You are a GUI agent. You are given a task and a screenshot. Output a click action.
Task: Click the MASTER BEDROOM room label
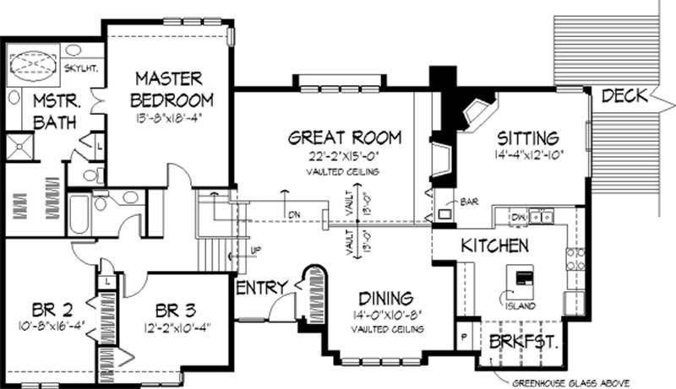pos(168,89)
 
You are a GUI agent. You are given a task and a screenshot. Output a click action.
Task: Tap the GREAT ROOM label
pos(344,138)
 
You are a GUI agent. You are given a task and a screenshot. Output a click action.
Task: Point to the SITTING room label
pos(527,138)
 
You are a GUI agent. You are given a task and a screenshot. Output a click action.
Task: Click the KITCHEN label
pos(495,246)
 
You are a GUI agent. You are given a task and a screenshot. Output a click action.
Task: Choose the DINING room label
pos(384,298)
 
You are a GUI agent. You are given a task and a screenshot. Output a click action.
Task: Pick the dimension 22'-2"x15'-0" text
pos(344,156)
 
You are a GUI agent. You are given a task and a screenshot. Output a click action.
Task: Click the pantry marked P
pos(464,336)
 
